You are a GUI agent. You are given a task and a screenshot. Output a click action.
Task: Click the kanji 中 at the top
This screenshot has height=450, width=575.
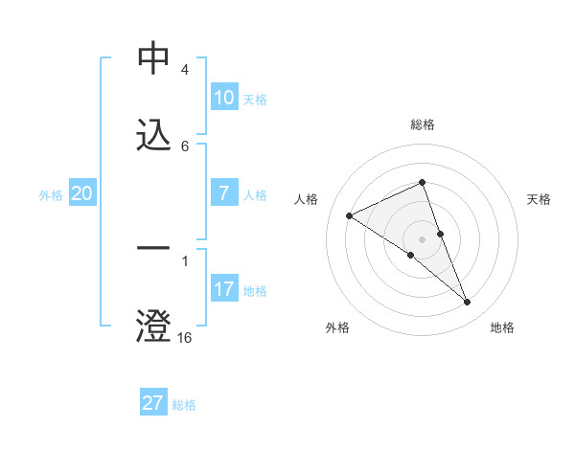point(153,59)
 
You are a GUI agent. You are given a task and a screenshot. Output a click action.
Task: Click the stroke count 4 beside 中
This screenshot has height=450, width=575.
point(184,71)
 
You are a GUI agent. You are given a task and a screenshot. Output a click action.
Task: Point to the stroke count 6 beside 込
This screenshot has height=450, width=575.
point(184,146)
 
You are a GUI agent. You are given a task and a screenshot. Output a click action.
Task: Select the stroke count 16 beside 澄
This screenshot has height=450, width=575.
point(184,337)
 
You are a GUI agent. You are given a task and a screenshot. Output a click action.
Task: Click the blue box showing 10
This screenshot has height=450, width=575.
point(224,98)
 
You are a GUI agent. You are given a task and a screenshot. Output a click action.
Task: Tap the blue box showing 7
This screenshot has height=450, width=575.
point(224,192)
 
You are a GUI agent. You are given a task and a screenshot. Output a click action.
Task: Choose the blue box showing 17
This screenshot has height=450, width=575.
point(224,288)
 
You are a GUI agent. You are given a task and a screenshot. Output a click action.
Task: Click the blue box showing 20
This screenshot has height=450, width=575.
point(82,193)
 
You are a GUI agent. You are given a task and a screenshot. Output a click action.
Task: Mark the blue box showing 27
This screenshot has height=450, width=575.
point(153,403)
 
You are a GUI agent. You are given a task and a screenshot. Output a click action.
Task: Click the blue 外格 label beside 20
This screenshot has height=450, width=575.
point(51,194)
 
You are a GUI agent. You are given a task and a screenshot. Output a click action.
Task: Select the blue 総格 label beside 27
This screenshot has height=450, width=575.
point(184,404)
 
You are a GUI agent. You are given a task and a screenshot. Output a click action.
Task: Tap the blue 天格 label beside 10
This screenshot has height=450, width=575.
point(255,99)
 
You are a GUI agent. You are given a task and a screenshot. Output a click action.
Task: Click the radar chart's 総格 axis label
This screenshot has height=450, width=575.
point(423,124)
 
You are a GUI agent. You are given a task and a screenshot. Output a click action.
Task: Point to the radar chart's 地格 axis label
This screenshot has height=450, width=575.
point(502,327)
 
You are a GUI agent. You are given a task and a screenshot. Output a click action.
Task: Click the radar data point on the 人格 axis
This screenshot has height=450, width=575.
point(350,215)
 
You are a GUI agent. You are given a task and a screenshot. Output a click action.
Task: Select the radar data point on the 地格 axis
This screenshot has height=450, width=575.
point(468,303)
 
